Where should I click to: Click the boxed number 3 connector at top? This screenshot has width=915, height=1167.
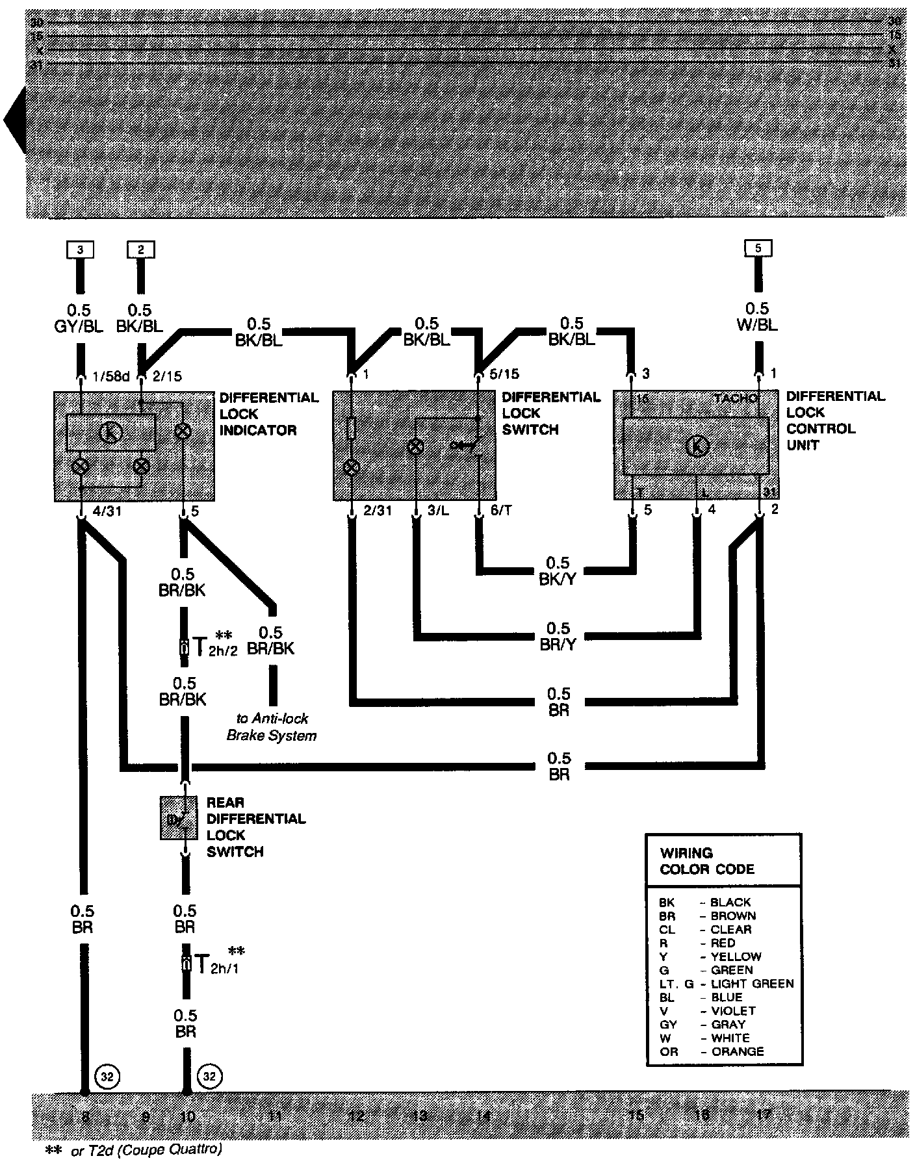coord(80,250)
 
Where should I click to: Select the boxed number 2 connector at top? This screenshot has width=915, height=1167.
coord(140,250)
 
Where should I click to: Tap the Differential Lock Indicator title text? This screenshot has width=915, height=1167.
coord(268,414)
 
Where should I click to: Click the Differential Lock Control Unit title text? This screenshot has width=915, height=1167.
coord(835,420)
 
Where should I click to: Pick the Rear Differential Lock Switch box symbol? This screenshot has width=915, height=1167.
coord(178,818)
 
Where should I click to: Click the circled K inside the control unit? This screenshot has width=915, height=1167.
coord(697,446)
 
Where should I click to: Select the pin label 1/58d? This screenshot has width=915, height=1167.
coord(112,376)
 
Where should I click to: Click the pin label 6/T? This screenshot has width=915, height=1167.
coord(500,511)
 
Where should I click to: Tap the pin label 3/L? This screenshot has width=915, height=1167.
coord(438,511)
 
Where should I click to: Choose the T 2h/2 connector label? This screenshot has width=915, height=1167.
coord(207,645)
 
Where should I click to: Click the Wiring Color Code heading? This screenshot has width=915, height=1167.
coord(706,861)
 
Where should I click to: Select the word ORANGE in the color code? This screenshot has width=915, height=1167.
coord(737,1051)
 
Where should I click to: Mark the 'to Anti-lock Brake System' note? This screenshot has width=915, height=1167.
coord(272,727)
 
